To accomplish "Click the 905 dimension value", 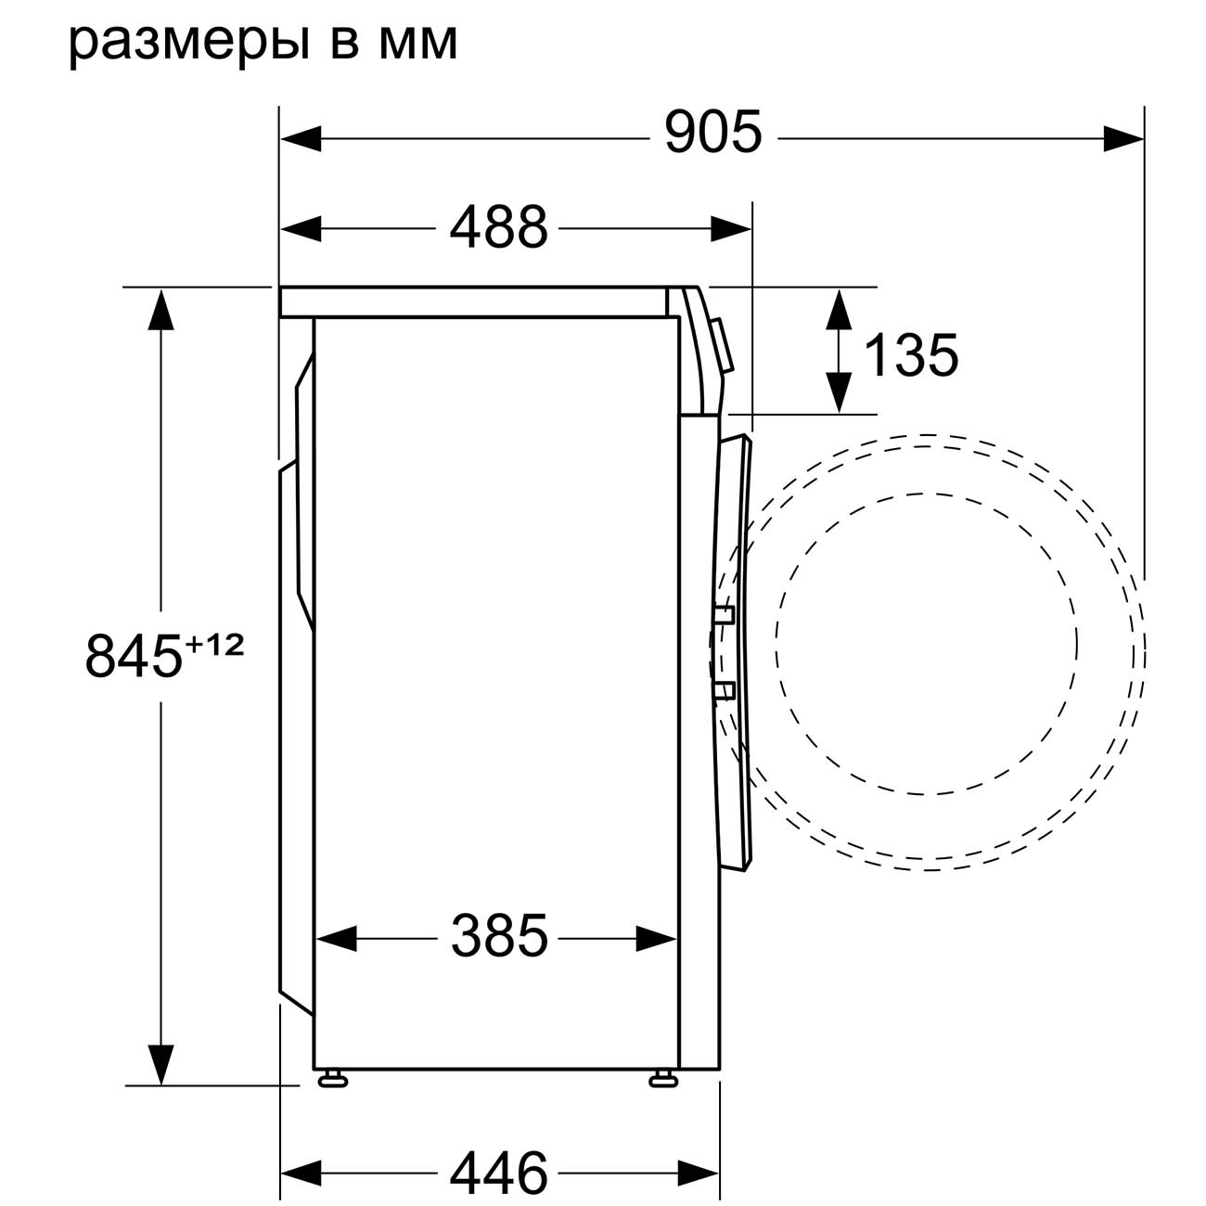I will click(x=712, y=133).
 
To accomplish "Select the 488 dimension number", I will click(x=499, y=227).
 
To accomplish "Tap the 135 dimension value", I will click(x=910, y=355).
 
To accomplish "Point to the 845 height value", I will click(x=133, y=655).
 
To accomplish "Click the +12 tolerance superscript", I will click(x=215, y=644).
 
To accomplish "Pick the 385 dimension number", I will click(x=499, y=936).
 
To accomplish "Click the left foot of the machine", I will click(x=331, y=1079).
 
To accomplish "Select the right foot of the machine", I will click(x=662, y=1079).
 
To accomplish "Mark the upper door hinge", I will click(x=724, y=614).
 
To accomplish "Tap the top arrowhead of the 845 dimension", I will click(x=160, y=309).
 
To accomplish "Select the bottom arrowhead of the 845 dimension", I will click(x=160, y=1064).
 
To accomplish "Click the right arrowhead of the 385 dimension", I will click(x=658, y=938).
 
